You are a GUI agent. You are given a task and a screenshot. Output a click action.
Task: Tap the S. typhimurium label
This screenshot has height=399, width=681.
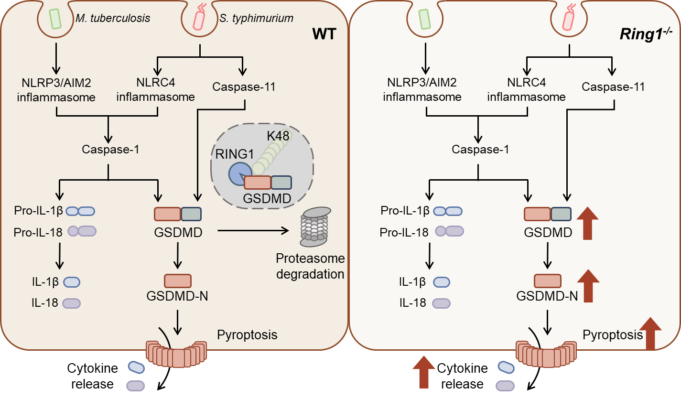(257, 19)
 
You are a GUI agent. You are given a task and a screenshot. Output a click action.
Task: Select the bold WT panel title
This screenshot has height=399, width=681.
(325, 34)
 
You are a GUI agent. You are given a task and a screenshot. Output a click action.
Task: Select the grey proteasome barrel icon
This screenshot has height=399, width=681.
(315, 224)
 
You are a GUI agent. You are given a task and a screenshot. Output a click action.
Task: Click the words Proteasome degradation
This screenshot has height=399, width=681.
(310, 267)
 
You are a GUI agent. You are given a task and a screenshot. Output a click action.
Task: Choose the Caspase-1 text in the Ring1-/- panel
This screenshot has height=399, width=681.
(480, 150)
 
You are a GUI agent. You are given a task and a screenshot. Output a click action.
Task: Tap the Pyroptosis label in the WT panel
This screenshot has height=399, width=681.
(247, 334)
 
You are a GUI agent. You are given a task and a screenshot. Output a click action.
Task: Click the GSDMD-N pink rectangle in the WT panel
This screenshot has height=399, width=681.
(178, 280)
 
